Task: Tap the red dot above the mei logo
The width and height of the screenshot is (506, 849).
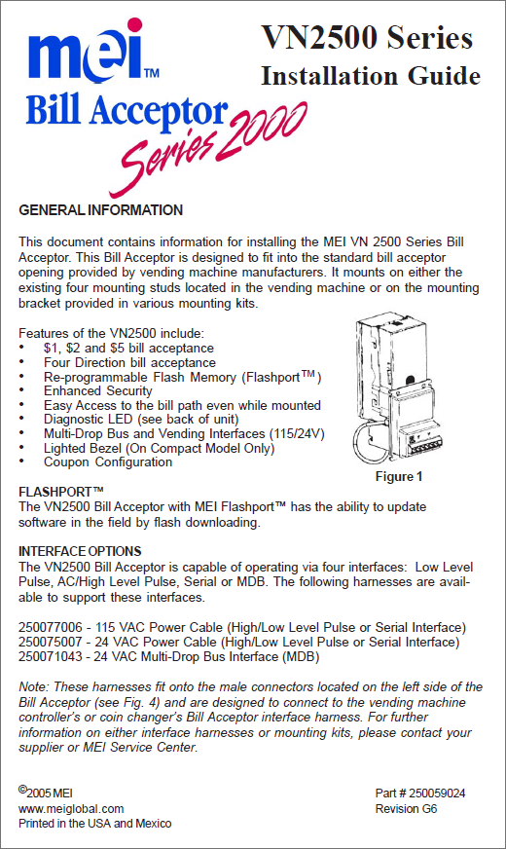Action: (x=134, y=25)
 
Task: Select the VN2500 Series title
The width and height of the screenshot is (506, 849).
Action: (x=367, y=37)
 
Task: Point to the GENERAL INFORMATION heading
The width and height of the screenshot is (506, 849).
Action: (x=100, y=210)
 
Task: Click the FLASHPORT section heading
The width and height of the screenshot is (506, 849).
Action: (x=60, y=492)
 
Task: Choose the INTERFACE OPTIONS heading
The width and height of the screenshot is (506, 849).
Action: (x=80, y=551)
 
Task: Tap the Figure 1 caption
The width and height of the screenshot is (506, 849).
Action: (x=399, y=476)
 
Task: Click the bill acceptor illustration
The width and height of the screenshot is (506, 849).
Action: (x=396, y=391)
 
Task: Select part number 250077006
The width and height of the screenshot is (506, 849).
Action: (x=51, y=628)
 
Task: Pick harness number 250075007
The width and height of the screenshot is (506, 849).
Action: (x=51, y=643)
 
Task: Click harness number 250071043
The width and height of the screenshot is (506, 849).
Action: (x=51, y=657)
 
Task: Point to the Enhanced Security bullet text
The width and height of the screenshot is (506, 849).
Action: (x=98, y=391)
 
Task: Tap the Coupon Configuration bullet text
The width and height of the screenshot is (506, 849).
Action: (x=108, y=461)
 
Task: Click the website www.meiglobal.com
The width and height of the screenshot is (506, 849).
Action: (x=71, y=808)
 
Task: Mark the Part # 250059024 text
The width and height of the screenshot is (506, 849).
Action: (x=420, y=794)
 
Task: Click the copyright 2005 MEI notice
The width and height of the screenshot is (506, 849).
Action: (x=46, y=793)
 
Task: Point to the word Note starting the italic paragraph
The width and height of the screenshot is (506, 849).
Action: (x=34, y=687)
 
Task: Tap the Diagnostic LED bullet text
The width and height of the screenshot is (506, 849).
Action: (x=141, y=419)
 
